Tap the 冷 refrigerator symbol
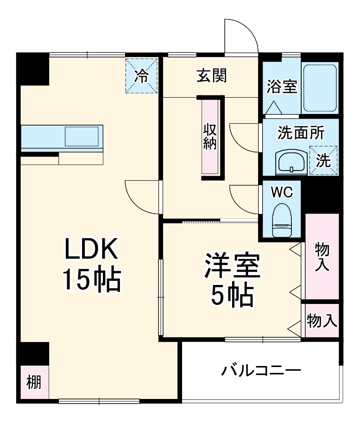142,76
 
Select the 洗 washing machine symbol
323,160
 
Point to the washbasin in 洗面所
291,162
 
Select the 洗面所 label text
301,133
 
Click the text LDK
92,251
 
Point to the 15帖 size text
92,279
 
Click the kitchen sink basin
81,137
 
